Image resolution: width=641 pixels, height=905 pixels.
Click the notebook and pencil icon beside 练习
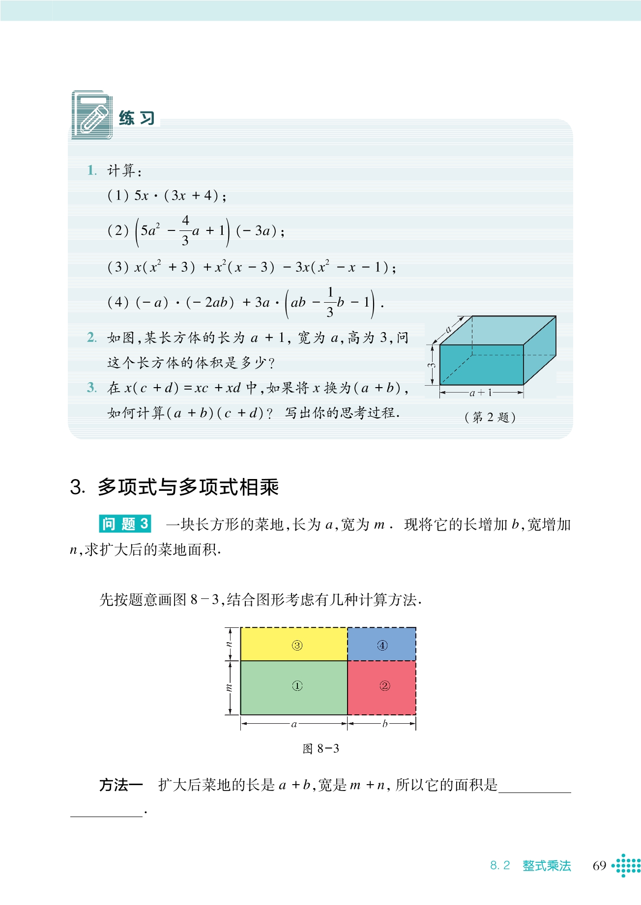pos(92,115)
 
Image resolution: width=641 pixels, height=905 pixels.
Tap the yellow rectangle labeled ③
pos(294,645)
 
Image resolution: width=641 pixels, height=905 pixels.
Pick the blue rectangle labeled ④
pos(382,645)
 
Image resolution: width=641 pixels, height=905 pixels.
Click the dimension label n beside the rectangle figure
pos(229,644)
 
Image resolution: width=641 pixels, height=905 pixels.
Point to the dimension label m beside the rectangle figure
pos(229,687)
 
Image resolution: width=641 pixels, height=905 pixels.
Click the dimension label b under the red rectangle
pos(384,723)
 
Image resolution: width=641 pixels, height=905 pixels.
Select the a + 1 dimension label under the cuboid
pos(481,392)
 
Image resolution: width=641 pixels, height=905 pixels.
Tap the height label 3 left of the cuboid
pos(432,365)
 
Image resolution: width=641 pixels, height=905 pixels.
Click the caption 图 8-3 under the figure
pos(320,749)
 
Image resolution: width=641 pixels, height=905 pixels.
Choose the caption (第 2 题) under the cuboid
pos(490,417)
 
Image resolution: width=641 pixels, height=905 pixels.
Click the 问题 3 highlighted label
pos(125,524)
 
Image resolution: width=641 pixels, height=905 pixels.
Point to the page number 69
pos(599,866)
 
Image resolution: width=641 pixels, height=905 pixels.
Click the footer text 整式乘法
pos(547,866)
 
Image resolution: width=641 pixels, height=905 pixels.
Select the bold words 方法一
pos(121,785)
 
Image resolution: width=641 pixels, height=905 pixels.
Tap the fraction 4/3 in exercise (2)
pos(185,230)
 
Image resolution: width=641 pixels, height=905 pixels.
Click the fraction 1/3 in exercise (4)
pos(330,302)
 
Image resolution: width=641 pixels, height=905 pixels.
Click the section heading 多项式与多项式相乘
pos(188,487)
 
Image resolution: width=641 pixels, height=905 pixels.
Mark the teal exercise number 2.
pos(92,338)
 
